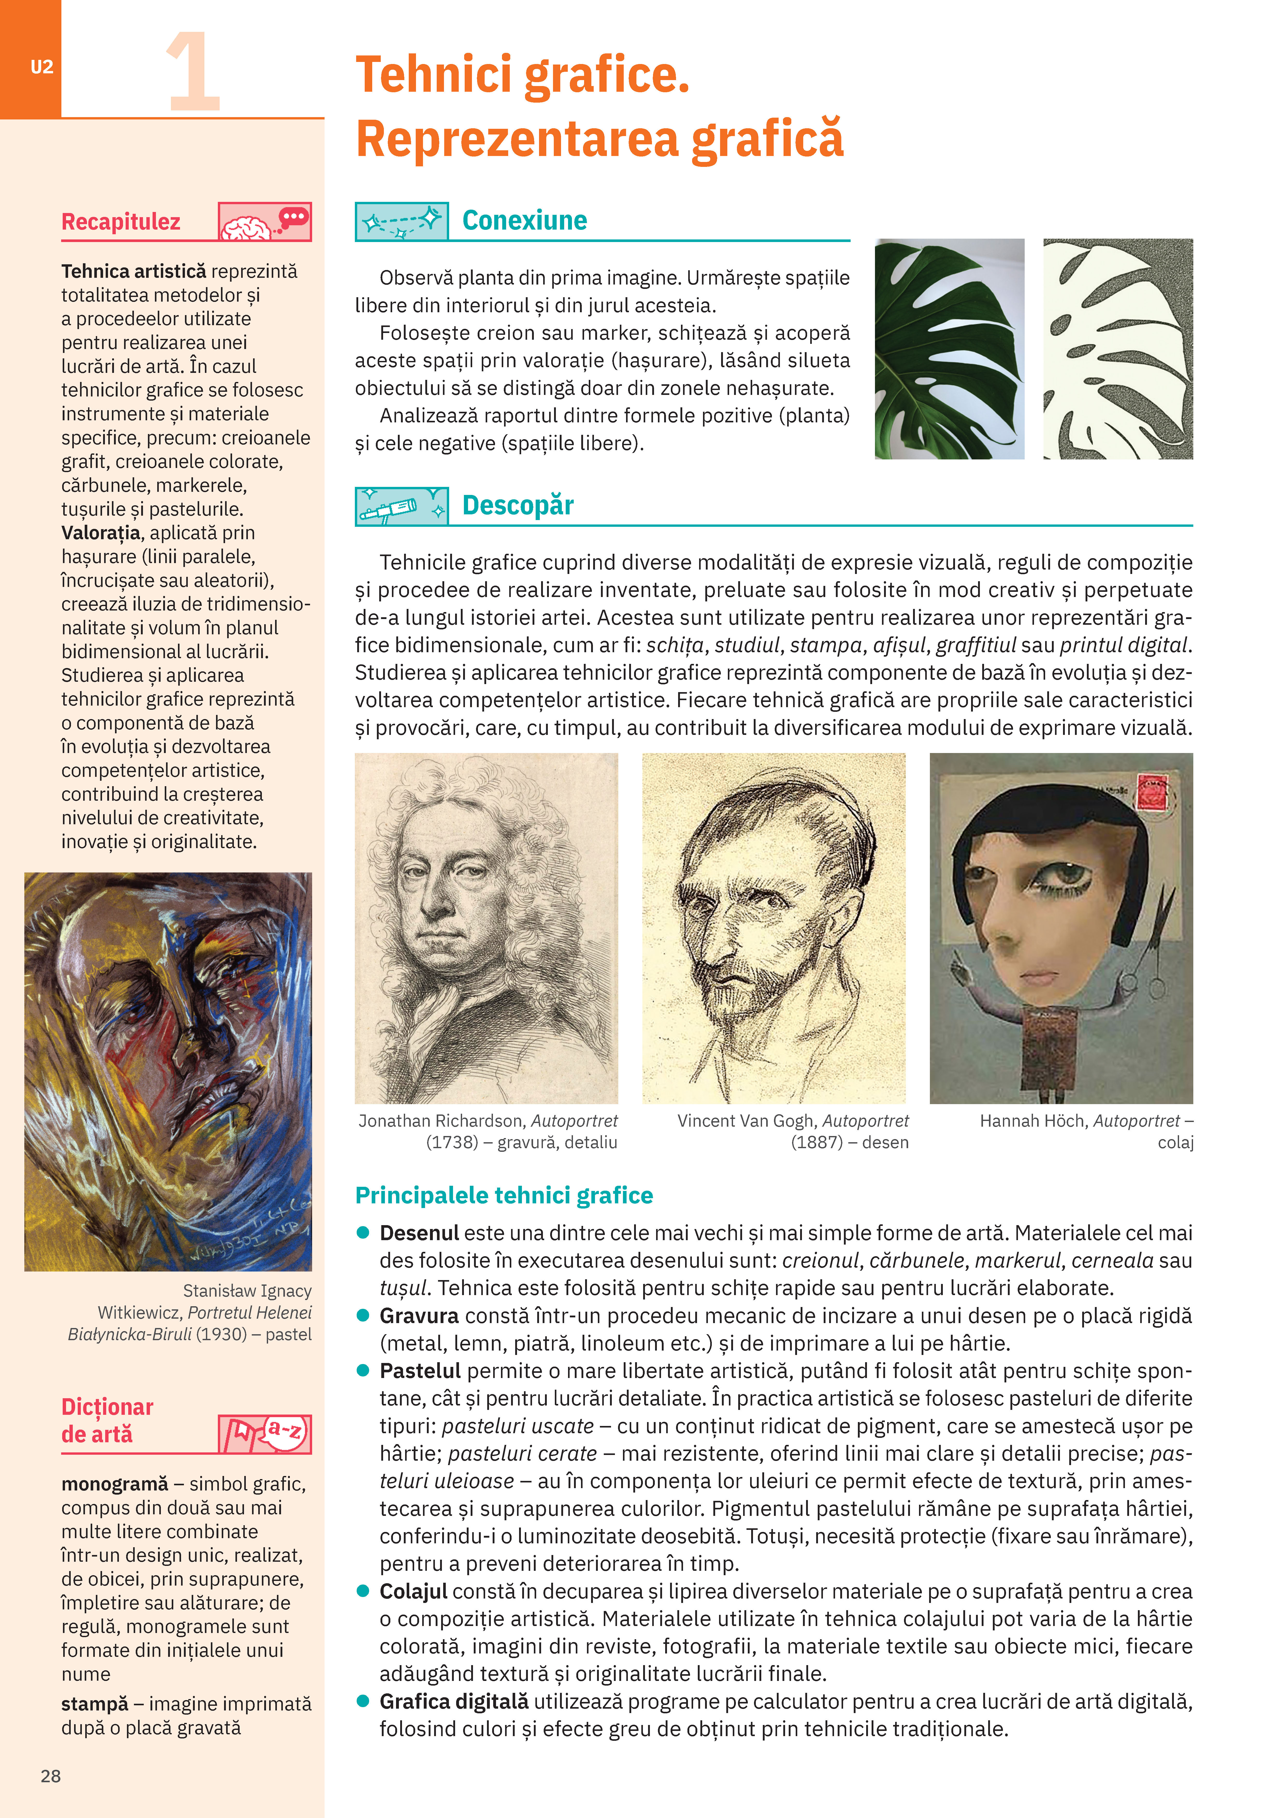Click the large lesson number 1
[x=192, y=73]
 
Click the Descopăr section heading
[x=518, y=505]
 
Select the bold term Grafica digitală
[x=454, y=1702]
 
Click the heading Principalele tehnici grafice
[x=504, y=1195]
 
